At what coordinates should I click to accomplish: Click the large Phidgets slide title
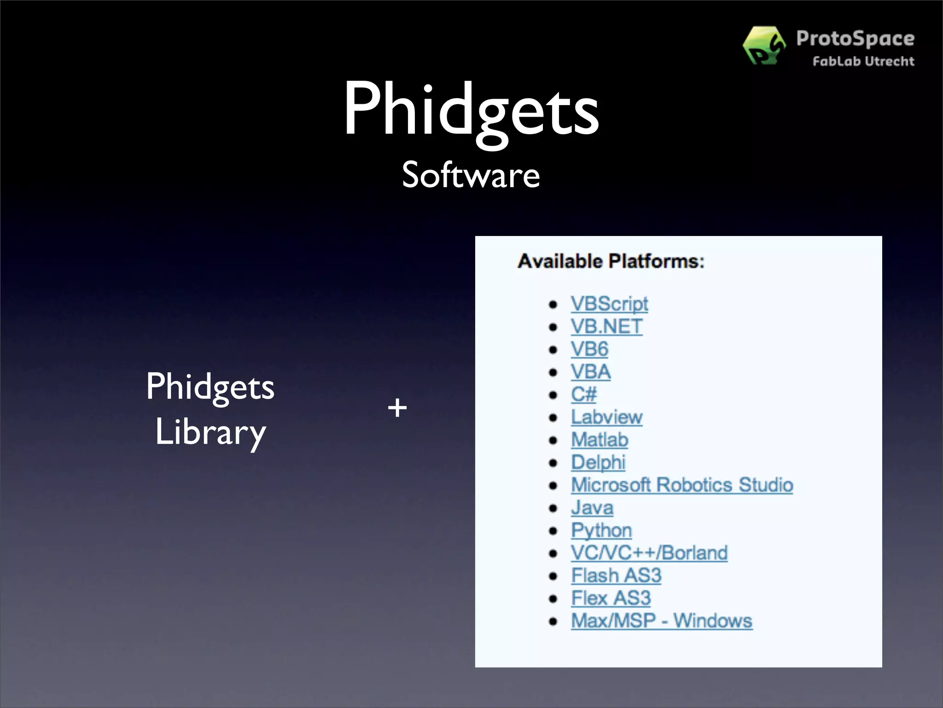pyautogui.click(x=471, y=111)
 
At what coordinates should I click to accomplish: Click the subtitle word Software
pyautogui.click(x=471, y=175)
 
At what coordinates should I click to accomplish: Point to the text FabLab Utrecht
pyautogui.click(x=863, y=61)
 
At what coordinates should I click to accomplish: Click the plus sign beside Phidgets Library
pyautogui.click(x=397, y=408)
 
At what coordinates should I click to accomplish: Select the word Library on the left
pyautogui.click(x=210, y=432)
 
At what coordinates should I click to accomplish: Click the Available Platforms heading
pyautogui.click(x=611, y=261)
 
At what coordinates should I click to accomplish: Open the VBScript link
pyautogui.click(x=609, y=304)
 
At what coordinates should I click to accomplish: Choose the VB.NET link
pyautogui.click(x=606, y=326)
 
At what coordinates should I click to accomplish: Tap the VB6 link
pyautogui.click(x=589, y=349)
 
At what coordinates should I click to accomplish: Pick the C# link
pyautogui.click(x=583, y=394)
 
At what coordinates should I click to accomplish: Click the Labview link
pyautogui.click(x=606, y=417)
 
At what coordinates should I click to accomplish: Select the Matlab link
pyautogui.click(x=600, y=439)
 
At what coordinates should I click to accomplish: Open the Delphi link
pyautogui.click(x=598, y=462)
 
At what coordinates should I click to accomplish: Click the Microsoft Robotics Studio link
pyautogui.click(x=682, y=485)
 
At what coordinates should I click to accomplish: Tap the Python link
pyautogui.click(x=601, y=530)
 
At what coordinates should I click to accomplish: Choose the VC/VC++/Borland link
pyautogui.click(x=649, y=553)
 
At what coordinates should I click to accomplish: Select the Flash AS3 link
pyautogui.click(x=616, y=575)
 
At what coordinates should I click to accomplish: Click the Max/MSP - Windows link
pyautogui.click(x=662, y=620)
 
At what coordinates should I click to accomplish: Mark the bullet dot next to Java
pyautogui.click(x=553, y=508)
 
